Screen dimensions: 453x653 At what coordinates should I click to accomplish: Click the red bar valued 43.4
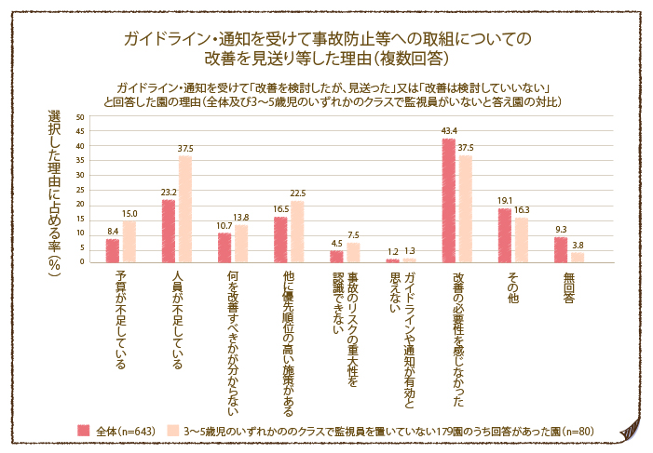pyautogui.click(x=448, y=200)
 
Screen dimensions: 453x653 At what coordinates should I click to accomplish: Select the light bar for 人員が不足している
pyautogui.click(x=185, y=208)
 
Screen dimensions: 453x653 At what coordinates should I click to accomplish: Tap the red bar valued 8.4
pyautogui.click(x=113, y=250)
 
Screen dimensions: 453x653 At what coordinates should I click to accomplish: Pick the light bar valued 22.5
pyautogui.click(x=297, y=231)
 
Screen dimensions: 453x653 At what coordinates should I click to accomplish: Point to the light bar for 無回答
pyautogui.click(x=578, y=257)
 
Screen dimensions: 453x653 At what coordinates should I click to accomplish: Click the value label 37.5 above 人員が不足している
pyautogui.click(x=185, y=149)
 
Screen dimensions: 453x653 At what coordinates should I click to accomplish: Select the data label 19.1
pyautogui.click(x=504, y=201)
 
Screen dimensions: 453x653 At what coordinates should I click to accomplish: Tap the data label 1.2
pyautogui.click(x=392, y=252)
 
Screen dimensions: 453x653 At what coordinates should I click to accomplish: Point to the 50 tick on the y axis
pyautogui.click(x=80, y=117)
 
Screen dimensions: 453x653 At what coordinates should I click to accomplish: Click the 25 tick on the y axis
pyautogui.click(x=80, y=190)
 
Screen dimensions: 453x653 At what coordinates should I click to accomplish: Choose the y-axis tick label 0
pyautogui.click(x=82, y=261)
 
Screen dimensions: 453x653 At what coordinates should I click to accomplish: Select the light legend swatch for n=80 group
pyautogui.click(x=172, y=431)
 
